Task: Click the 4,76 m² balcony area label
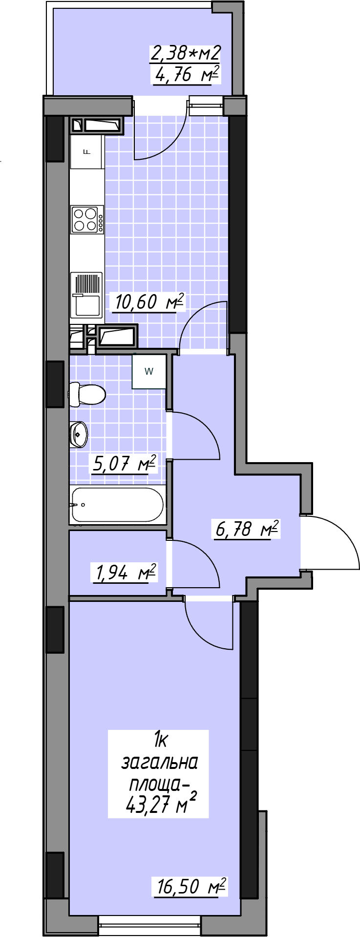185,75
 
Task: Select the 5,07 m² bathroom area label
124,464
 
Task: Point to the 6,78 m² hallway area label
247,529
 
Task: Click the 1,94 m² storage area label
124,572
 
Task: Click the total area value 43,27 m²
161,805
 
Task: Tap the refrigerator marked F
87,151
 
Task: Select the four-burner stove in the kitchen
87,219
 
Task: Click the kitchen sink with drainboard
86,295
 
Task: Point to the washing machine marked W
149,371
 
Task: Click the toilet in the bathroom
87,394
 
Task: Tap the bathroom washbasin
78,433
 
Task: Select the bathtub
117,505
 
